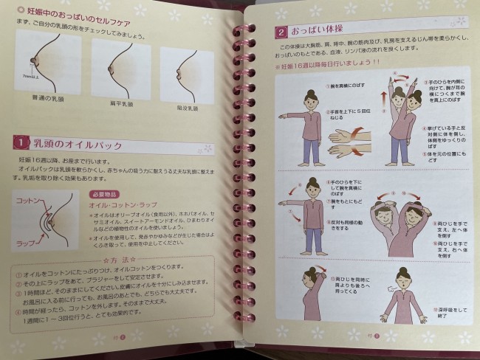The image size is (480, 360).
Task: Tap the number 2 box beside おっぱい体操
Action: point(281,32)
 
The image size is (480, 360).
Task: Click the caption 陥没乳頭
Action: point(187,108)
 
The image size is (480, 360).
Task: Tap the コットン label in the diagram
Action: point(27,201)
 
